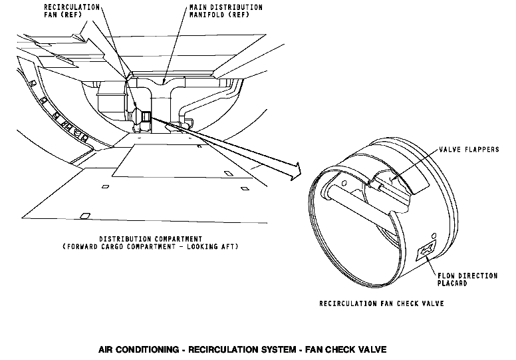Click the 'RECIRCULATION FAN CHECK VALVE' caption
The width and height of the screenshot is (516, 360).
[x=382, y=304]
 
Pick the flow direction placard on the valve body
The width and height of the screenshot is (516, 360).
[x=423, y=252]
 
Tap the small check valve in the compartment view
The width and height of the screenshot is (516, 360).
[x=144, y=118]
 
